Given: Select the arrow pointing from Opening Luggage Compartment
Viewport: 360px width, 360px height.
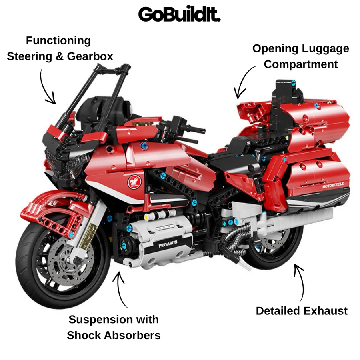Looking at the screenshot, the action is (243, 82).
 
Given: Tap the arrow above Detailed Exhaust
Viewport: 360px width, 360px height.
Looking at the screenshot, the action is (300, 282).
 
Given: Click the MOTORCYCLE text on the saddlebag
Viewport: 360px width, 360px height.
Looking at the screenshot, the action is (333, 185).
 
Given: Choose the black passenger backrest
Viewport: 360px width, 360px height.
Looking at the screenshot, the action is (286, 94).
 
